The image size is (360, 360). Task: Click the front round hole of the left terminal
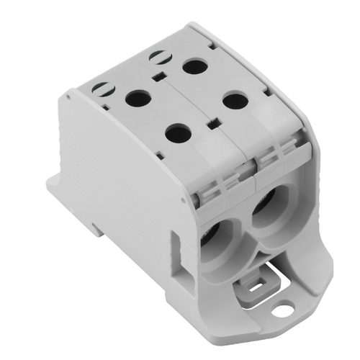tap(179, 132)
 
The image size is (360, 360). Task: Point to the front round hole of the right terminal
tap(235, 100)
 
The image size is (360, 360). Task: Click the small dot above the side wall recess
tap(171, 217)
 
